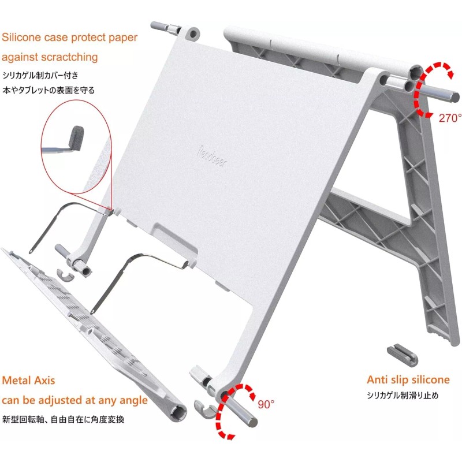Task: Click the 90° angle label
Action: point(266,404)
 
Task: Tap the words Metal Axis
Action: point(29,381)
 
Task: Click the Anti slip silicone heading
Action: point(408,379)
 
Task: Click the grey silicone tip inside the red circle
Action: point(74,138)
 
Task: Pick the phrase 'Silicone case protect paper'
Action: point(69,38)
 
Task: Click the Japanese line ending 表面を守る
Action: point(49,90)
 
